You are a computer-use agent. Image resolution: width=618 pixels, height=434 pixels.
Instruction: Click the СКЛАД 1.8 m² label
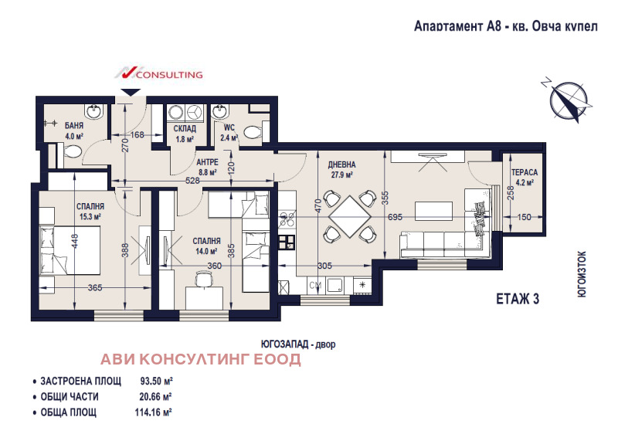[x=184, y=134]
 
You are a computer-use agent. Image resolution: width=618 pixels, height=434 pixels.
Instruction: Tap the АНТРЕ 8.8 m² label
[x=207, y=167]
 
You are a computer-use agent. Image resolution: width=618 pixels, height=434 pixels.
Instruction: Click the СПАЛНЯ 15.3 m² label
[x=90, y=212]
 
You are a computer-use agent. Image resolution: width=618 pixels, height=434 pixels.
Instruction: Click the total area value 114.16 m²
[x=152, y=412]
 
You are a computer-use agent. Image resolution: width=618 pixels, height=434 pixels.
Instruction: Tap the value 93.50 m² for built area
[x=155, y=381]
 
